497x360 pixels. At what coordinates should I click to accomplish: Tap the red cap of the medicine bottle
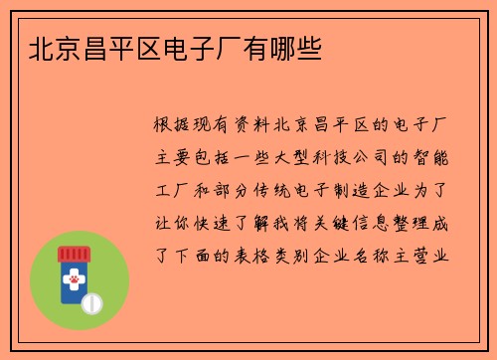[73, 255]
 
